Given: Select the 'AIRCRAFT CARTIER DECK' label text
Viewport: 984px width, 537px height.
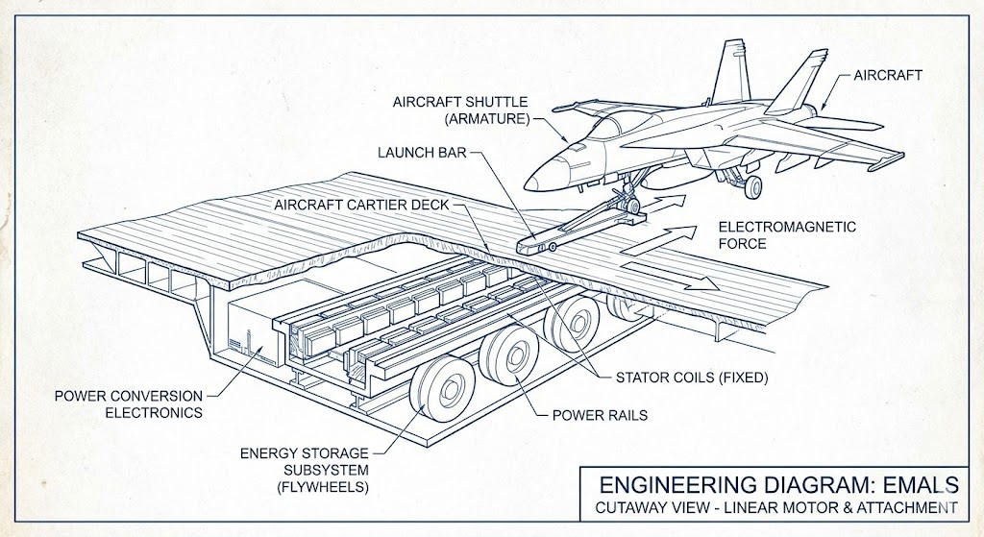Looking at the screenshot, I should (360, 205).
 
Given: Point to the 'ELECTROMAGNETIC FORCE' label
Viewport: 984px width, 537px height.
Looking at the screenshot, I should (774, 235).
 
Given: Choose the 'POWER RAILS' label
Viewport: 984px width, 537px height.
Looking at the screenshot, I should (598, 416).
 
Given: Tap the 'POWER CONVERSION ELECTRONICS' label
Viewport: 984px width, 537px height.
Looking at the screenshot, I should (128, 403).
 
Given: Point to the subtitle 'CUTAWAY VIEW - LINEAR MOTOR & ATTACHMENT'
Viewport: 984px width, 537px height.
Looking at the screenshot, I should (774, 507).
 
